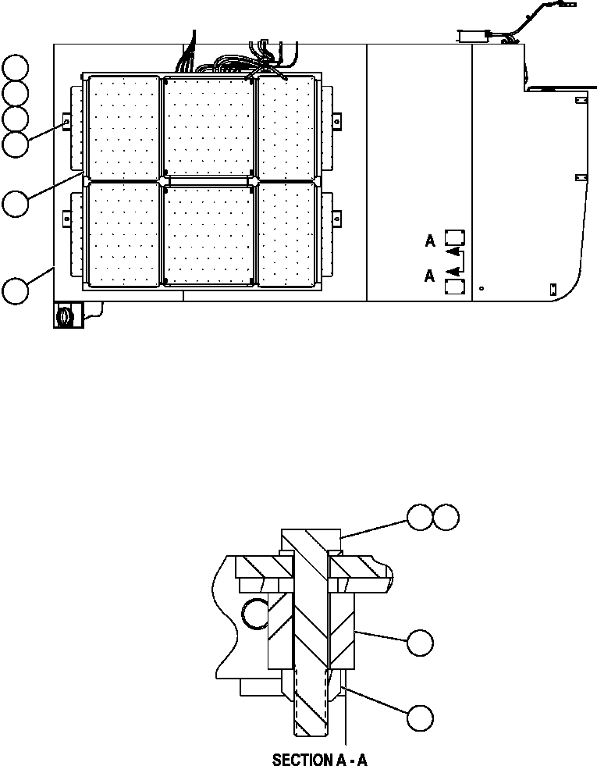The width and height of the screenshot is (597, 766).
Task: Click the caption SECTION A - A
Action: click(319, 759)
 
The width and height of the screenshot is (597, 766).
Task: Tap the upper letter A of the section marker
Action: click(430, 241)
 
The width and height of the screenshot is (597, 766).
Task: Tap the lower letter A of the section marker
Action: click(430, 276)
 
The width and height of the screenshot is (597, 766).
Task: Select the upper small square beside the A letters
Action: click(454, 239)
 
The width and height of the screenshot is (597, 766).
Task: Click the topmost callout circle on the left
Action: click(16, 67)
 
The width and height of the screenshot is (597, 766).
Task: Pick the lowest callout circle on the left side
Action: click(16, 290)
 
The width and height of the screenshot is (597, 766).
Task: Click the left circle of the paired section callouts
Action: click(420, 517)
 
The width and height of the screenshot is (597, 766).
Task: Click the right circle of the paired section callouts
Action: click(446, 517)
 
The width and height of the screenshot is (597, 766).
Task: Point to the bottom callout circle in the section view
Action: click(420, 718)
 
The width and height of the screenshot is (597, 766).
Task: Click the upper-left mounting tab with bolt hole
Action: click(66, 123)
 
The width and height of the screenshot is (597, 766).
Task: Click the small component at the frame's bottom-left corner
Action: click(65, 315)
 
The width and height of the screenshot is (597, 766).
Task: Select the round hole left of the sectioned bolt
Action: click(256, 616)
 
